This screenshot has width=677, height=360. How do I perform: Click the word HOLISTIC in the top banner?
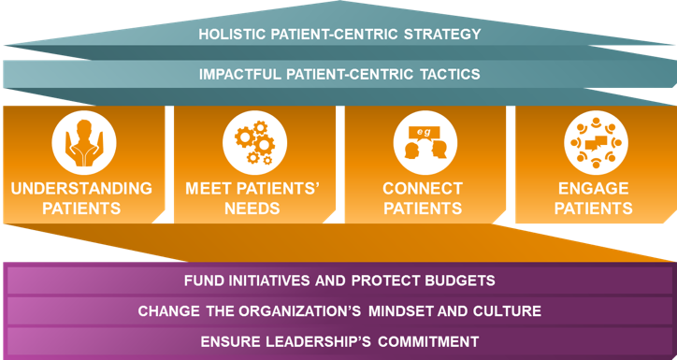point(231,35)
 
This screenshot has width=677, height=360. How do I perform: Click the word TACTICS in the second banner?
point(447,73)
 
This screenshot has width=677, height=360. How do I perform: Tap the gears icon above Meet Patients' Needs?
point(252,141)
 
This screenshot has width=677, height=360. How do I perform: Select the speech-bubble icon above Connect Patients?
point(423,141)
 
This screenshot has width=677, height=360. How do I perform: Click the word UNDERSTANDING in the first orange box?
point(82,188)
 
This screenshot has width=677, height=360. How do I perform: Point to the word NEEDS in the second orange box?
point(252,208)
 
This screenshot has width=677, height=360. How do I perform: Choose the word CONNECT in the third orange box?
point(423,188)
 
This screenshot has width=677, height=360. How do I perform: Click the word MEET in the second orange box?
point(208,188)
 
